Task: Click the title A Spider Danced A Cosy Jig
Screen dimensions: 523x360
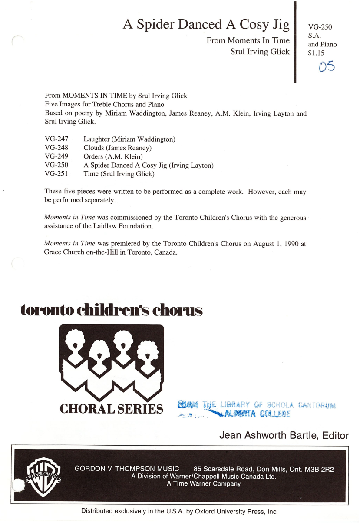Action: point(206,25)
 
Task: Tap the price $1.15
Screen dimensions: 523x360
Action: point(316,53)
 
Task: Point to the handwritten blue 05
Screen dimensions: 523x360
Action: point(327,67)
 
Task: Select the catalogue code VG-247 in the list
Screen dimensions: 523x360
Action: point(56,139)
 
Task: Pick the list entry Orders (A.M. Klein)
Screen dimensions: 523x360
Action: point(113,157)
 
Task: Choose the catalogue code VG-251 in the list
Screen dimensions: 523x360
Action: point(56,174)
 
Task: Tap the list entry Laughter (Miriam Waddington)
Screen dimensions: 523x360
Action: point(129,139)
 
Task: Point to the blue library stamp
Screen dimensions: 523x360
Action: point(256,409)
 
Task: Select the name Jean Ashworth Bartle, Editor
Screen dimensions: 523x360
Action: point(284,436)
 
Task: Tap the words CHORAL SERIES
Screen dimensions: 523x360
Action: point(111,409)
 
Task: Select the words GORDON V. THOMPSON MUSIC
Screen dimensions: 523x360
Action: point(127,469)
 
